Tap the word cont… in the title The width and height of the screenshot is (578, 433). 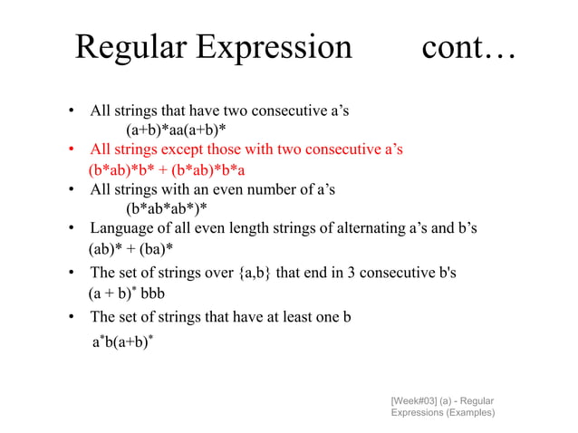point(467,46)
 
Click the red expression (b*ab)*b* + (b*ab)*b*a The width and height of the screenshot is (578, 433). point(168,168)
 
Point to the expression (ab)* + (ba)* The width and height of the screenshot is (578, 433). point(131,247)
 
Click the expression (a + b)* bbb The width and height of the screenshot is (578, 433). point(127,294)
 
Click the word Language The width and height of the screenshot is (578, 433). point(121,227)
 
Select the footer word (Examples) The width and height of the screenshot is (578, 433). point(469,412)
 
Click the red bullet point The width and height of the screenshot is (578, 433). point(70,149)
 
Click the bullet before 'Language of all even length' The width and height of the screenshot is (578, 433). point(70,228)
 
